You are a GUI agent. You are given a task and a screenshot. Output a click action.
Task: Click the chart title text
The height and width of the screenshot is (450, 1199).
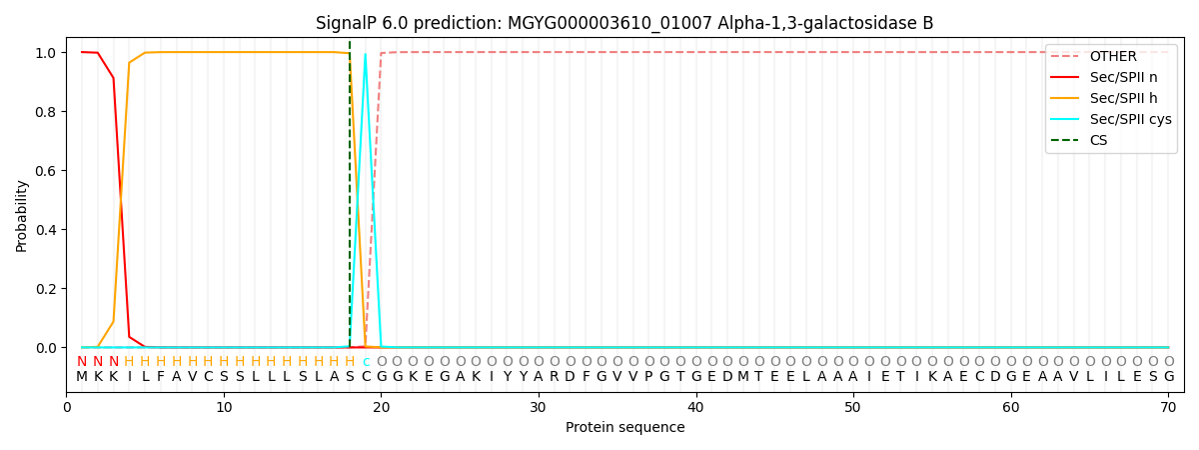624,23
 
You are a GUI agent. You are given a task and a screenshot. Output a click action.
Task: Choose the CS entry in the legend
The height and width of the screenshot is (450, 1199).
1098,140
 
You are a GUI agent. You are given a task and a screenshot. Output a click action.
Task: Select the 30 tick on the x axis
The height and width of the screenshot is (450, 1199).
539,407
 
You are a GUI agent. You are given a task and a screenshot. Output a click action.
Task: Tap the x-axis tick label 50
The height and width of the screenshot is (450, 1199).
853,407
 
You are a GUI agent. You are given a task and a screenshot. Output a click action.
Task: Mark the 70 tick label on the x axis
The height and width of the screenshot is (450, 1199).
1168,407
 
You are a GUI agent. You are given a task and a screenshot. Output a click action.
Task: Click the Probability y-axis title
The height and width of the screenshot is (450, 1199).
22,215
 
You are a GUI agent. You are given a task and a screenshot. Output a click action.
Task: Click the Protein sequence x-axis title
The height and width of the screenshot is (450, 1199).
624,428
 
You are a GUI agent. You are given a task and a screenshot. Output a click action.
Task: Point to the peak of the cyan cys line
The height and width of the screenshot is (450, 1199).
365,54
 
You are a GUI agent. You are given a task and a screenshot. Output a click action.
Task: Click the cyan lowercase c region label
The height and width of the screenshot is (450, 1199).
366,361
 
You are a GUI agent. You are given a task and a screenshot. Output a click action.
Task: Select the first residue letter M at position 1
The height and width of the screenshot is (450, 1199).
82,377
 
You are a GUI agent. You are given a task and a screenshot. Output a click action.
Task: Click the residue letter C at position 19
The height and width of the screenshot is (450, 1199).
366,377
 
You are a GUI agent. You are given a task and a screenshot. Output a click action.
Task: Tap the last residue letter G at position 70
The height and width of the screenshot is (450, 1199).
1168,377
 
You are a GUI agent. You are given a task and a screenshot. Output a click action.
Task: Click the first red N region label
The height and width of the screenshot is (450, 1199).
82,361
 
